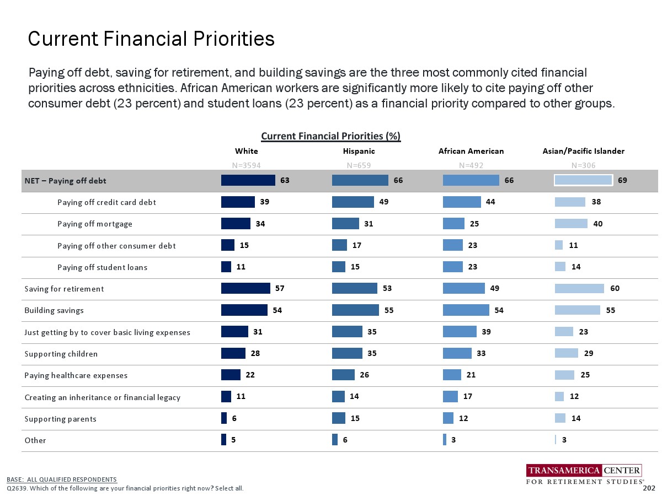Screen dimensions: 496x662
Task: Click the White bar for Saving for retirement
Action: [245, 288]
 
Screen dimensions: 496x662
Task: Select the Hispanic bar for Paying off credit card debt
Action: [353, 202]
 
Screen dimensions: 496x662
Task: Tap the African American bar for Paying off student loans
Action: [452, 267]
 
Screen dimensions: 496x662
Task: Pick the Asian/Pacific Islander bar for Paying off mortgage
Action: [571, 223]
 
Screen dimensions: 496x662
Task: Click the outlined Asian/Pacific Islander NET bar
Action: [583, 180]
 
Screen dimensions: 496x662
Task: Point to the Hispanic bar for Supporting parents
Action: [339, 418]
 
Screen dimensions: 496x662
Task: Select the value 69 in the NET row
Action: [622, 180]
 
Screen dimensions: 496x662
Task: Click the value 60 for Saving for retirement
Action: [614, 288]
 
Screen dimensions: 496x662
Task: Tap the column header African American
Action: [471, 151]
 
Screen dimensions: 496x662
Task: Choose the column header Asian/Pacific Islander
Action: [584, 151]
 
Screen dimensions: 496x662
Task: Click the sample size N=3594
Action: [246, 165]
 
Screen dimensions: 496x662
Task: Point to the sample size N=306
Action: [583, 165]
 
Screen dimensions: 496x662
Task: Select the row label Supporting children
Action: [61, 354]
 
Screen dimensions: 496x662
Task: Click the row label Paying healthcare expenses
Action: [76, 375]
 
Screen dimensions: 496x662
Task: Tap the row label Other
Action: [35, 440]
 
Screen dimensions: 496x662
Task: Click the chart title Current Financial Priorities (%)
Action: [330, 136]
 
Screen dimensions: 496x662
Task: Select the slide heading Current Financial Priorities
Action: [151, 39]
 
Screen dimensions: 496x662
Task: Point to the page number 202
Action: [649, 488]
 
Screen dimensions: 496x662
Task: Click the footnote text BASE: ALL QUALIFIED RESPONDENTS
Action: [62, 479]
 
